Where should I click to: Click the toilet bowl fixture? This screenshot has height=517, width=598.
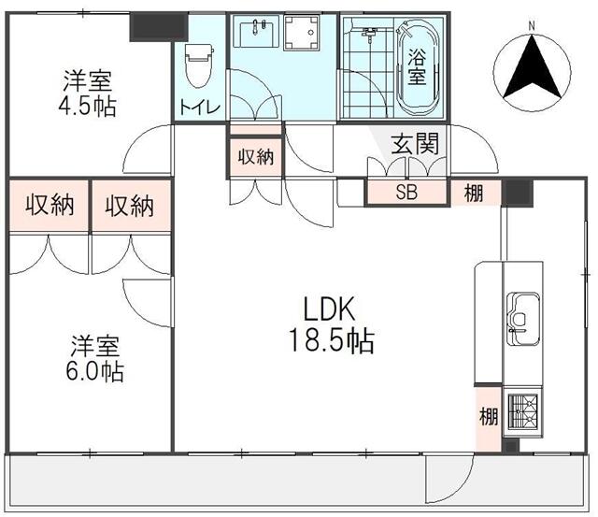[198, 65]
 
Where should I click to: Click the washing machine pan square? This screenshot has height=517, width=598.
[302, 33]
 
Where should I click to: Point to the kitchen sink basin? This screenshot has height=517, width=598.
[523, 320]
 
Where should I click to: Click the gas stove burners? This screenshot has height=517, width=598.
[523, 413]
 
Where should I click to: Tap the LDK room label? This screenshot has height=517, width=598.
[330, 309]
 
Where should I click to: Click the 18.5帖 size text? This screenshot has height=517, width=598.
[332, 340]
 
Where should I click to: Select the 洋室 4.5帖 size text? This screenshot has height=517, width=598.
[87, 107]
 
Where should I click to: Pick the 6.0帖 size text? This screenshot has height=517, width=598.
[95, 371]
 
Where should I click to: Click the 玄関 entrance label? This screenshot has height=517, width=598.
[415, 144]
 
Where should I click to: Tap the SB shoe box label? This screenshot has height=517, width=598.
[406, 193]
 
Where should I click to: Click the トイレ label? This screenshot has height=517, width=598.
[199, 107]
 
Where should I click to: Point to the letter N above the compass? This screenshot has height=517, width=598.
[532, 26]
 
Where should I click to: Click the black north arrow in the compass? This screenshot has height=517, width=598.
[532, 67]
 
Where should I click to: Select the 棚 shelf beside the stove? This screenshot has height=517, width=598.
[489, 419]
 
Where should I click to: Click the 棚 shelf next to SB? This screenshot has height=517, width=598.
[474, 194]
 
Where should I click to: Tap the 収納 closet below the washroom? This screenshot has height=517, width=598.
[256, 157]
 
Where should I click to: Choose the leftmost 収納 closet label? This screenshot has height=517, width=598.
[50, 206]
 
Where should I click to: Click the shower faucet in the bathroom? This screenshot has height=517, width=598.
[368, 34]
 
